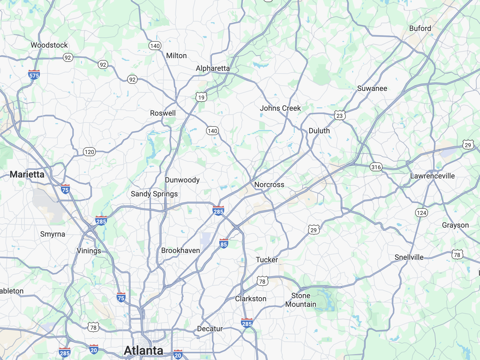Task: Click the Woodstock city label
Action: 49,45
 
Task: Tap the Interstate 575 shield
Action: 34,75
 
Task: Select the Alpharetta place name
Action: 213,68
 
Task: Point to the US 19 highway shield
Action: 201,97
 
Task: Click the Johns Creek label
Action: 280,108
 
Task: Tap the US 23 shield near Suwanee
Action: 340,115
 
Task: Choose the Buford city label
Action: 420,28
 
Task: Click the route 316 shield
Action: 376,167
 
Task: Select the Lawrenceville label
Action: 432,176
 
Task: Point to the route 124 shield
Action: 422,212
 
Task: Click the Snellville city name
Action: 409,257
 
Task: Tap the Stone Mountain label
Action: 301,300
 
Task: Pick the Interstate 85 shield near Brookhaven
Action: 224,244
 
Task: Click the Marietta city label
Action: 27,174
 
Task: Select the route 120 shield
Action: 89,152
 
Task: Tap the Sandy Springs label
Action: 154,194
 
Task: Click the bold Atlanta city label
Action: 144,350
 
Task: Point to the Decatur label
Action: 210,329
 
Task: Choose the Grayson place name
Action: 455,225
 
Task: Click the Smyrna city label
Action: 53,234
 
